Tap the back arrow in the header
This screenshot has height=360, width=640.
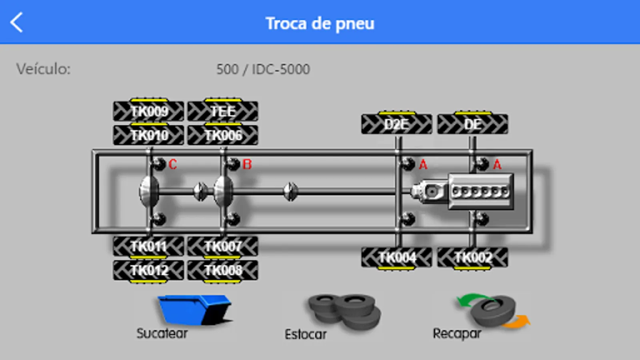[x=16, y=22]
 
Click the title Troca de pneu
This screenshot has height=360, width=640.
[x=320, y=24]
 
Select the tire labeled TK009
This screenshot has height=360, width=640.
[x=148, y=110]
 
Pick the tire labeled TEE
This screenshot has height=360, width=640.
[x=223, y=110]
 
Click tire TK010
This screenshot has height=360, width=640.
[x=148, y=134]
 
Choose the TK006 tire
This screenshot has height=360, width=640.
[x=223, y=134]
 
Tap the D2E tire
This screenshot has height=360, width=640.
[x=396, y=124]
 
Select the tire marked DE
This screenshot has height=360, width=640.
[x=473, y=124]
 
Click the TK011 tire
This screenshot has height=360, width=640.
[x=148, y=247]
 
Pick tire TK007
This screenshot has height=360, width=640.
[x=223, y=247]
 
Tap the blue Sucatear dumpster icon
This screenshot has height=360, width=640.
[x=195, y=310]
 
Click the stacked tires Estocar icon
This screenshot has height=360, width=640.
[x=344, y=312]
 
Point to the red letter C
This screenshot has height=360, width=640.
[x=172, y=164]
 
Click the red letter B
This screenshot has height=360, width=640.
[x=247, y=164]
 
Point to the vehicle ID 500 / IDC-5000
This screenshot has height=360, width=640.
[x=263, y=69]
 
